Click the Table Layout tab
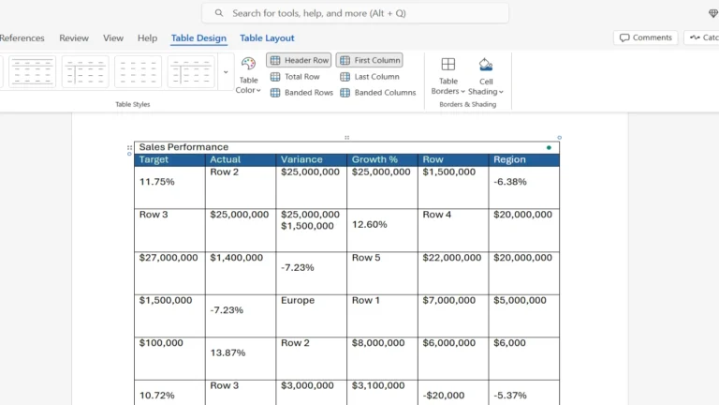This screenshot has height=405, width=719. coord(267,38)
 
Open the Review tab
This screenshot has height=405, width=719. coord(74,38)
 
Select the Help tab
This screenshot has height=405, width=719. coord(147,38)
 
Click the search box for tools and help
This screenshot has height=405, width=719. coord(356,13)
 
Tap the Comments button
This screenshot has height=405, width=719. coord(646,37)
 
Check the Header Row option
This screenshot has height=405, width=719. coord(300,60)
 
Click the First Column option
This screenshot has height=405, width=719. coord(370,60)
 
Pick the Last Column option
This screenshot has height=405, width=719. coord(370,77)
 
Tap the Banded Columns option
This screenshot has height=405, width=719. coord(378,93)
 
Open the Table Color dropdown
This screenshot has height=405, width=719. coord(248,75)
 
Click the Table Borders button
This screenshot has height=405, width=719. coord(448,75)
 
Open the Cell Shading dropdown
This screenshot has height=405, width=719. coord(486,75)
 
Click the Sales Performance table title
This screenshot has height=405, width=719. coord(183,147)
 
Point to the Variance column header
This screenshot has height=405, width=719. coord(301,160)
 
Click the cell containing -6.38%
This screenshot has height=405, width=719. coord(510,182)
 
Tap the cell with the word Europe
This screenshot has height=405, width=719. coord(298,301)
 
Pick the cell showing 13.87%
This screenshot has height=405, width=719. coord(227,352)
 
